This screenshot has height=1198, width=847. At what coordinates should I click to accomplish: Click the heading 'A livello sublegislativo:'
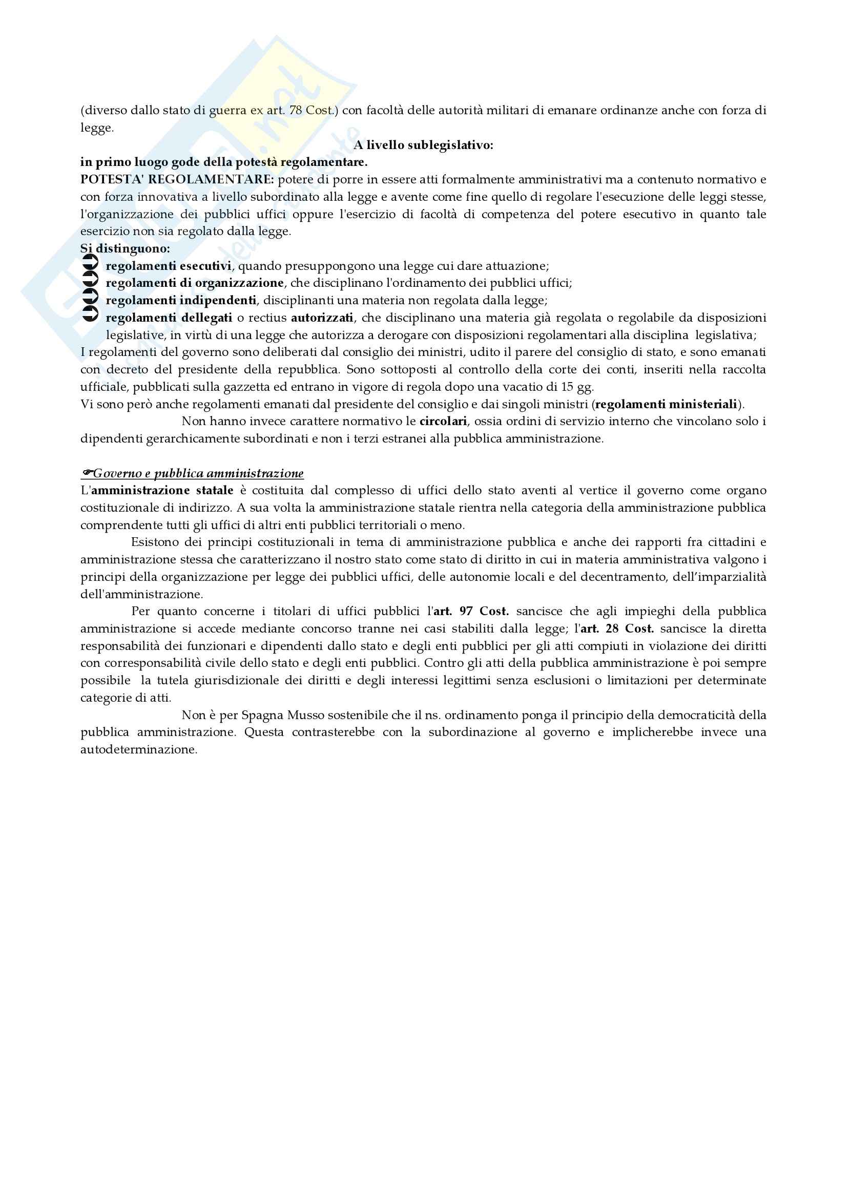tap(423, 145)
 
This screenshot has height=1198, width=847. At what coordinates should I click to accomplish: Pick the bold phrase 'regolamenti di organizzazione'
tap(195, 283)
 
